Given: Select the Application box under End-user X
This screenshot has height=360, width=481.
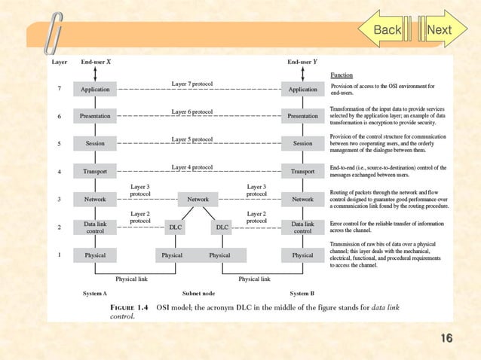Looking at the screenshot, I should [95, 89].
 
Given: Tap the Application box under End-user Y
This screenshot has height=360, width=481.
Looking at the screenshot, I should [302, 89].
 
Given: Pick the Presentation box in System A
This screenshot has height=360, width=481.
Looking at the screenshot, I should [95, 116].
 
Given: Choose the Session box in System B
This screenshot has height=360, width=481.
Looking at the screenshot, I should [302, 143].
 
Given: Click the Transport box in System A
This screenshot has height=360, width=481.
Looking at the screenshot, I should [95, 172].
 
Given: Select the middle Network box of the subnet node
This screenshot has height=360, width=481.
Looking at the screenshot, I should [198, 199].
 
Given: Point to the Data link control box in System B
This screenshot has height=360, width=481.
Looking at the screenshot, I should [302, 227].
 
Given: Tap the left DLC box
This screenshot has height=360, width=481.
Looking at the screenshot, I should [175, 227].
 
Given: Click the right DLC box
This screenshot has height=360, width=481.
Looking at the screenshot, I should [222, 227].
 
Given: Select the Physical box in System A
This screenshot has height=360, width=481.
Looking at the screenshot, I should [95, 255].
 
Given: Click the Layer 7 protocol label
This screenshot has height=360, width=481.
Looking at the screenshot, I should [191, 82].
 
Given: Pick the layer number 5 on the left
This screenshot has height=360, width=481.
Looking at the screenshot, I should [59, 143].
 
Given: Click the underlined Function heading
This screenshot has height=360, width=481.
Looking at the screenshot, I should [342, 75].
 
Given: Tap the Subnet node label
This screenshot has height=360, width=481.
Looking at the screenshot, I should [198, 293].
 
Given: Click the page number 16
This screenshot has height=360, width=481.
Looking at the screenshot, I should [446, 338].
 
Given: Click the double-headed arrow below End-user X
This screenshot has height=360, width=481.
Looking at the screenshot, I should [95, 74].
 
